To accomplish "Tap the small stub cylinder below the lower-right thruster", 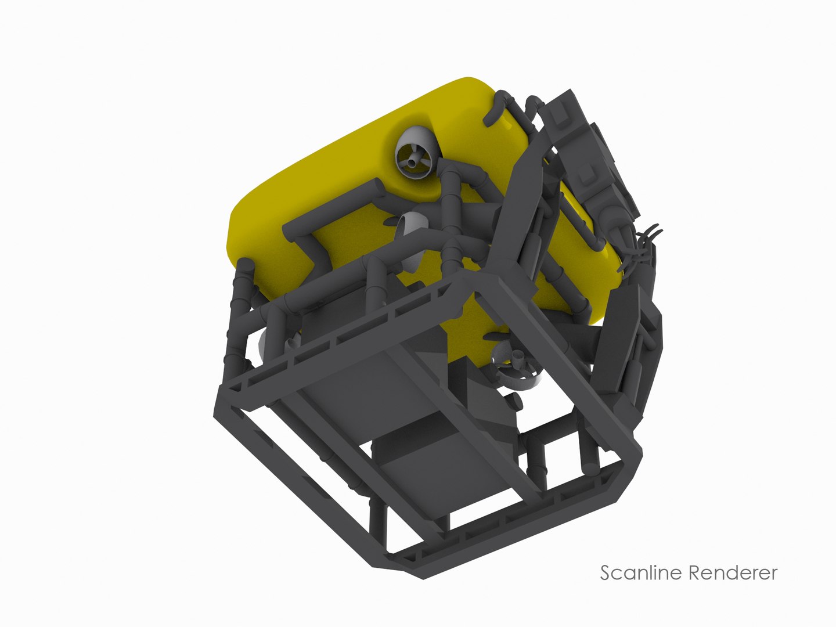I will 514,401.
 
